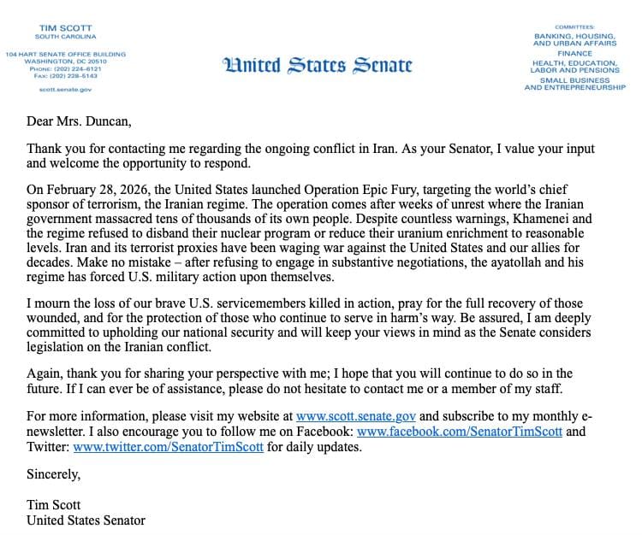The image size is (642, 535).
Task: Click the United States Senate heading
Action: point(318,66)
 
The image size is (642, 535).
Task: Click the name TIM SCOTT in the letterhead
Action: point(65,27)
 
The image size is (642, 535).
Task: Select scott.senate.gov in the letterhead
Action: point(65,90)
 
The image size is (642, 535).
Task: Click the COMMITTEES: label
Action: point(574,27)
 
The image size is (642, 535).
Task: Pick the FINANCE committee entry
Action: point(574,53)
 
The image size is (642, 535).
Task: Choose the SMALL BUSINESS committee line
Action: point(574,80)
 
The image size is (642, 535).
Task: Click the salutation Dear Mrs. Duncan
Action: point(80,121)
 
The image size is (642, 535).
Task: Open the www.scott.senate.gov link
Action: point(356,416)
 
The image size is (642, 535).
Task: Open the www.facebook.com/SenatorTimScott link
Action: point(460,432)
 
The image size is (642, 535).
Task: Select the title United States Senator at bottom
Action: point(86,520)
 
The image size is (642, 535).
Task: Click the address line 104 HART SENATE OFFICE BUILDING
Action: point(65,55)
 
